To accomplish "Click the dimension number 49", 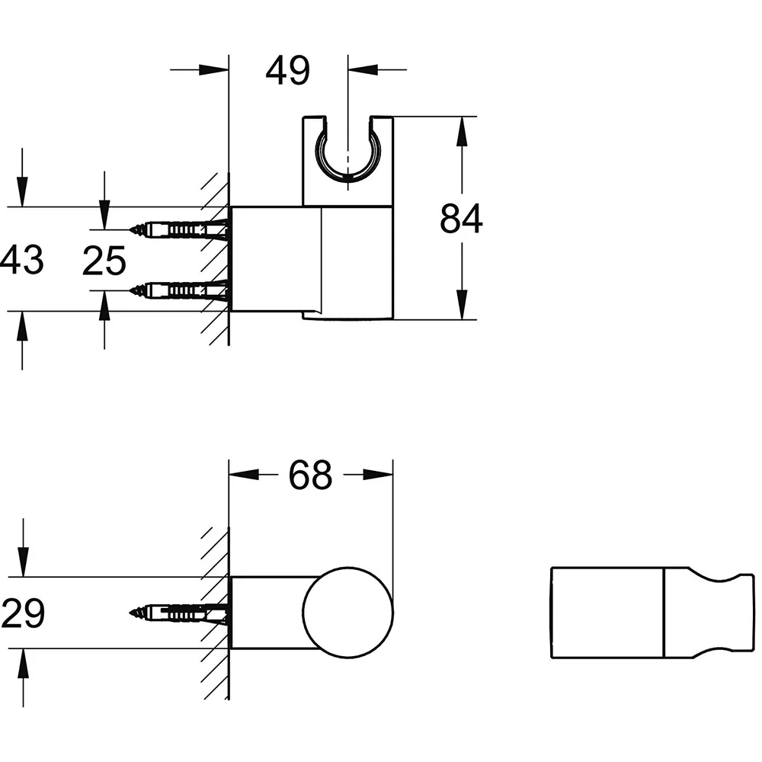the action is coord(288,70).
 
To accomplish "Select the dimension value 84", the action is coord(461,219).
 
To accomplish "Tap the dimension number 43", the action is coord(22,260).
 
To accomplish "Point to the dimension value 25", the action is coord(104,261).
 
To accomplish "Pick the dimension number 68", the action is coord(311,475).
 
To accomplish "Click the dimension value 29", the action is coord(23,613).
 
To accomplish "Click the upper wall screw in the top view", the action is coord(178,229).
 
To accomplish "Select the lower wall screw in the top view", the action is coord(178,290).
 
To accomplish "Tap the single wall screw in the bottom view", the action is coord(178,613).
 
